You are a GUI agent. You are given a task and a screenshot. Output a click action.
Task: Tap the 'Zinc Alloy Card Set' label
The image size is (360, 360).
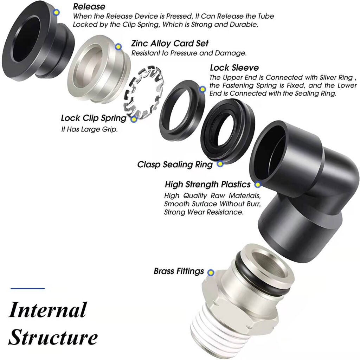point(170,44)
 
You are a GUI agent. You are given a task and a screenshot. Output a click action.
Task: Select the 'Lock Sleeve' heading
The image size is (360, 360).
point(234,67)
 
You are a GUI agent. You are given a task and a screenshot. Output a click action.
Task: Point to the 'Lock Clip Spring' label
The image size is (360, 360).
point(94,118)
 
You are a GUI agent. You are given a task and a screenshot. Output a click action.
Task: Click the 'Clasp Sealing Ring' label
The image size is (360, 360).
point(175,164)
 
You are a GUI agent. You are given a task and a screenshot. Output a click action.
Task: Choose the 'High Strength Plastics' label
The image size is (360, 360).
point(207,184)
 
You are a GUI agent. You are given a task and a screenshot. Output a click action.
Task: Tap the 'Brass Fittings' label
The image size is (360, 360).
point(179,271)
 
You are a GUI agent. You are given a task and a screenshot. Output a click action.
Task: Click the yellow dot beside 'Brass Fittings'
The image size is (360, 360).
point(211,272)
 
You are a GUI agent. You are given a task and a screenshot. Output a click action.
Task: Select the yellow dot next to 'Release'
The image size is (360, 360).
point(56,12)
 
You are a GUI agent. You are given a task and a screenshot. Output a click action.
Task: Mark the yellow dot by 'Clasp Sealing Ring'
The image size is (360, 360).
point(220,163)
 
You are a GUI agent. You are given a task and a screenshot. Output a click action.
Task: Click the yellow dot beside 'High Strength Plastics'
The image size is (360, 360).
point(258,184)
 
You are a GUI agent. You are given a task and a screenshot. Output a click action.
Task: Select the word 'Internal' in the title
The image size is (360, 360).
point(47,310)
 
